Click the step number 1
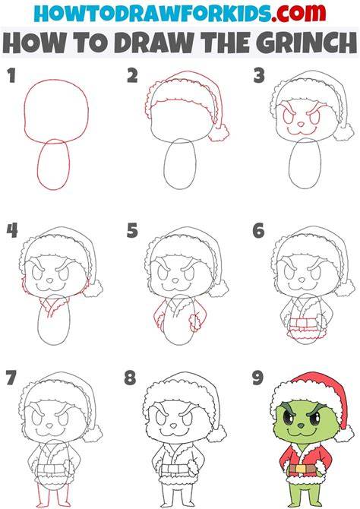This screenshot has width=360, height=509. coord(11,76)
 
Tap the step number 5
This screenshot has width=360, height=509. coord(132,230)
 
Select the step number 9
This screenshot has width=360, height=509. coord(258,378)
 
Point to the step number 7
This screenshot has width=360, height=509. coord(11,378)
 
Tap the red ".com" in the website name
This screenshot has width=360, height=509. coord(298,14)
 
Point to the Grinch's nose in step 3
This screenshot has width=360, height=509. coord(301,124)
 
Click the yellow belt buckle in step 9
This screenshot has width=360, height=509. coord(301,469)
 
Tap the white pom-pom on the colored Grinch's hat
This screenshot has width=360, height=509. coord(344,434)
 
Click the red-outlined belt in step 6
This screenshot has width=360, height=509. coord(302,323)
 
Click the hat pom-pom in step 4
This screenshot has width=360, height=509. coord(93,288)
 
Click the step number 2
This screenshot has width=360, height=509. coord(132,76)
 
